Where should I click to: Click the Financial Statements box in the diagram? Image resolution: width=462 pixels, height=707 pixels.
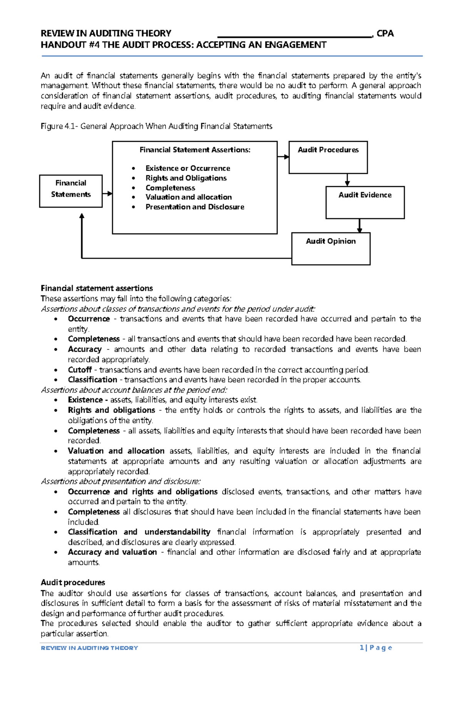(71, 191)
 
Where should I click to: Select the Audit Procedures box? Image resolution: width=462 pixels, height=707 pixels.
(328, 157)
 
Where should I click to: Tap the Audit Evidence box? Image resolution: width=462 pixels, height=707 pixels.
(365, 202)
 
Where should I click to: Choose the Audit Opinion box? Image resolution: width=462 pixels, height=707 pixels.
(331, 248)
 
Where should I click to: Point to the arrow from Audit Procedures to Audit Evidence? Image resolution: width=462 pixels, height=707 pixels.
(347, 180)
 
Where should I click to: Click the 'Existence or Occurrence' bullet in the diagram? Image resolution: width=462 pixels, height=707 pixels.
(187, 168)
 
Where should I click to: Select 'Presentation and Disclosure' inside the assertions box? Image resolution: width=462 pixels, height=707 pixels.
(194, 207)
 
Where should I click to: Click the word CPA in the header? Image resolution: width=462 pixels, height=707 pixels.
(385, 34)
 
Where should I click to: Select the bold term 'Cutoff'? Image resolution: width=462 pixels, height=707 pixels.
(80, 370)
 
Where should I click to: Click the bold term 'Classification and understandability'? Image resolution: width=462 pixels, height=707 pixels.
(139, 532)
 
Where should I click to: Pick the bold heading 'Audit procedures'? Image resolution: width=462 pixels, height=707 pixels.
(73, 582)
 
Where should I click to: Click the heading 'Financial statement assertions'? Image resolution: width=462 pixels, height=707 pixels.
(97, 288)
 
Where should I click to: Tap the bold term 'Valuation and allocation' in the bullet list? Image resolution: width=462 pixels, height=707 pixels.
(116, 451)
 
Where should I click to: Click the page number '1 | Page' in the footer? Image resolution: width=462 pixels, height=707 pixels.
(375, 648)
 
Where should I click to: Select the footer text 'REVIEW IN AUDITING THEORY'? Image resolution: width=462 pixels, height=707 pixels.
(89, 648)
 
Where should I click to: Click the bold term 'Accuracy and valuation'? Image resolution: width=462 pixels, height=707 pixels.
(112, 552)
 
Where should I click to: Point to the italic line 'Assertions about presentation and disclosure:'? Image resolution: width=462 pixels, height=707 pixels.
(121, 481)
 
